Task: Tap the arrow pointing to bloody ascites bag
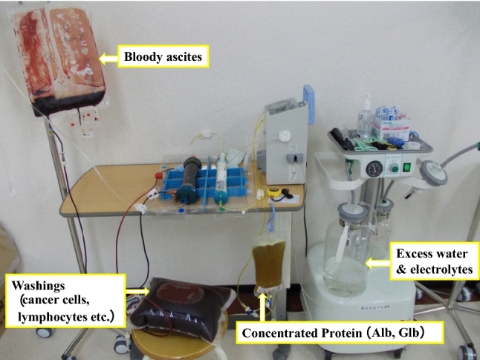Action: pos(109,56)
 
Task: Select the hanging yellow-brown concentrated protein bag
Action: pos(268,267)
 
